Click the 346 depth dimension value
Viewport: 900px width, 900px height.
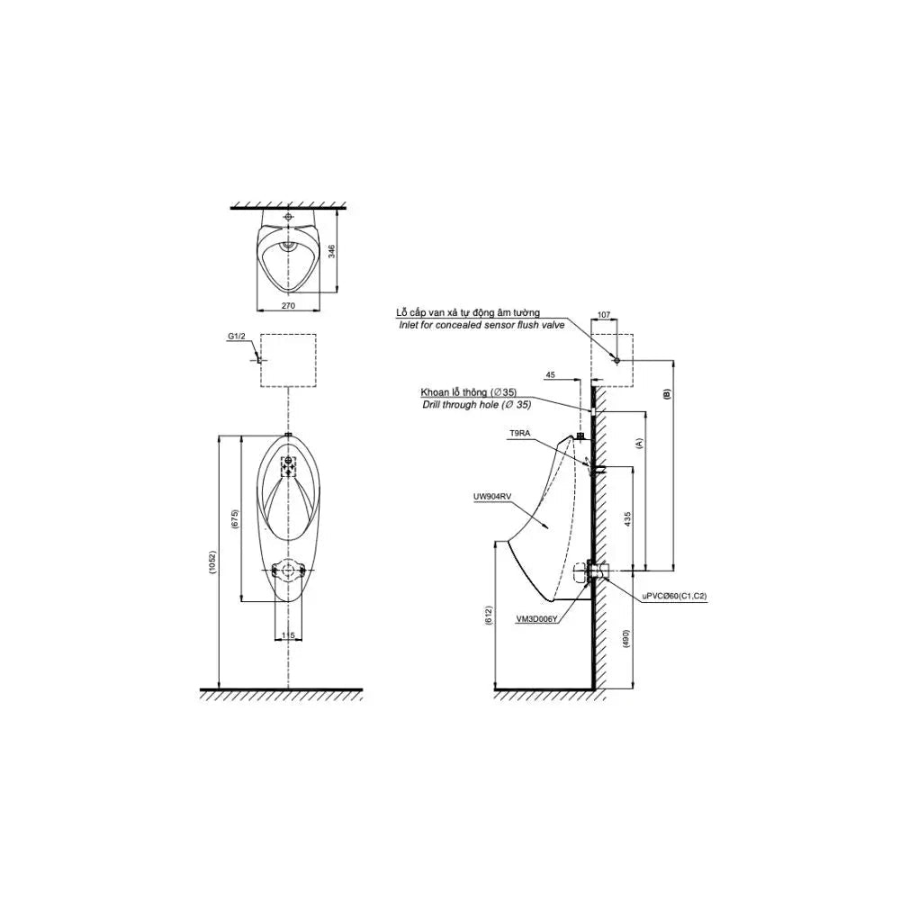coord(332,251)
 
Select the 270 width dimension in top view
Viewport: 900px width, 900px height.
coord(288,306)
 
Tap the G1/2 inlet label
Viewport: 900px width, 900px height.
coord(237,337)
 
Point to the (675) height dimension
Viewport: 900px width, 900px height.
coord(235,518)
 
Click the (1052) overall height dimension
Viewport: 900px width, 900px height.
coord(212,563)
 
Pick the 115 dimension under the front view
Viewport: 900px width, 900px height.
coord(288,635)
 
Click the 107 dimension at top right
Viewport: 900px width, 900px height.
coord(604,314)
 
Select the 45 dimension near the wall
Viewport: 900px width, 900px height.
coord(550,374)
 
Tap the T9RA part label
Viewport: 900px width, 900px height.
coord(519,435)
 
